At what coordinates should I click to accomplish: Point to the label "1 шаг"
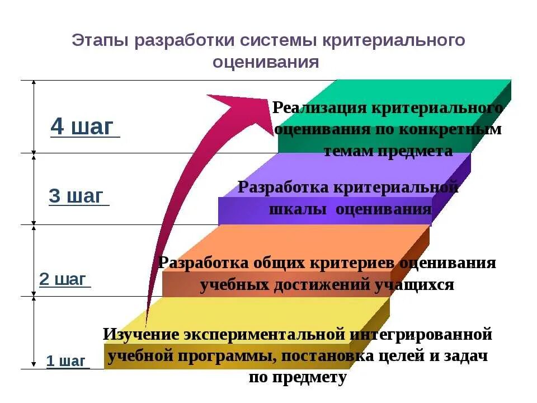65,361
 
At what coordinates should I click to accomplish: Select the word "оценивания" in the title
266,62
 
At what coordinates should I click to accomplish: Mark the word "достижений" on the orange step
318,284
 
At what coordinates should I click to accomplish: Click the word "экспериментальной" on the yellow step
263,335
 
